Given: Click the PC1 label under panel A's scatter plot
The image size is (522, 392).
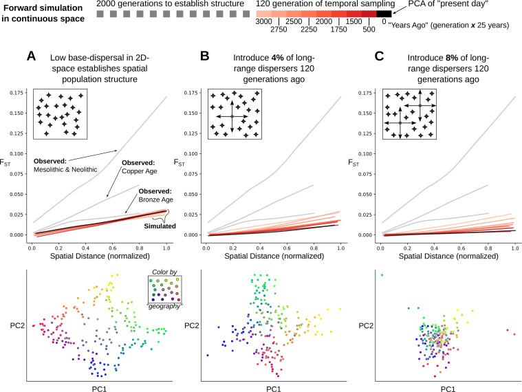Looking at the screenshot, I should coord(96,388).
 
